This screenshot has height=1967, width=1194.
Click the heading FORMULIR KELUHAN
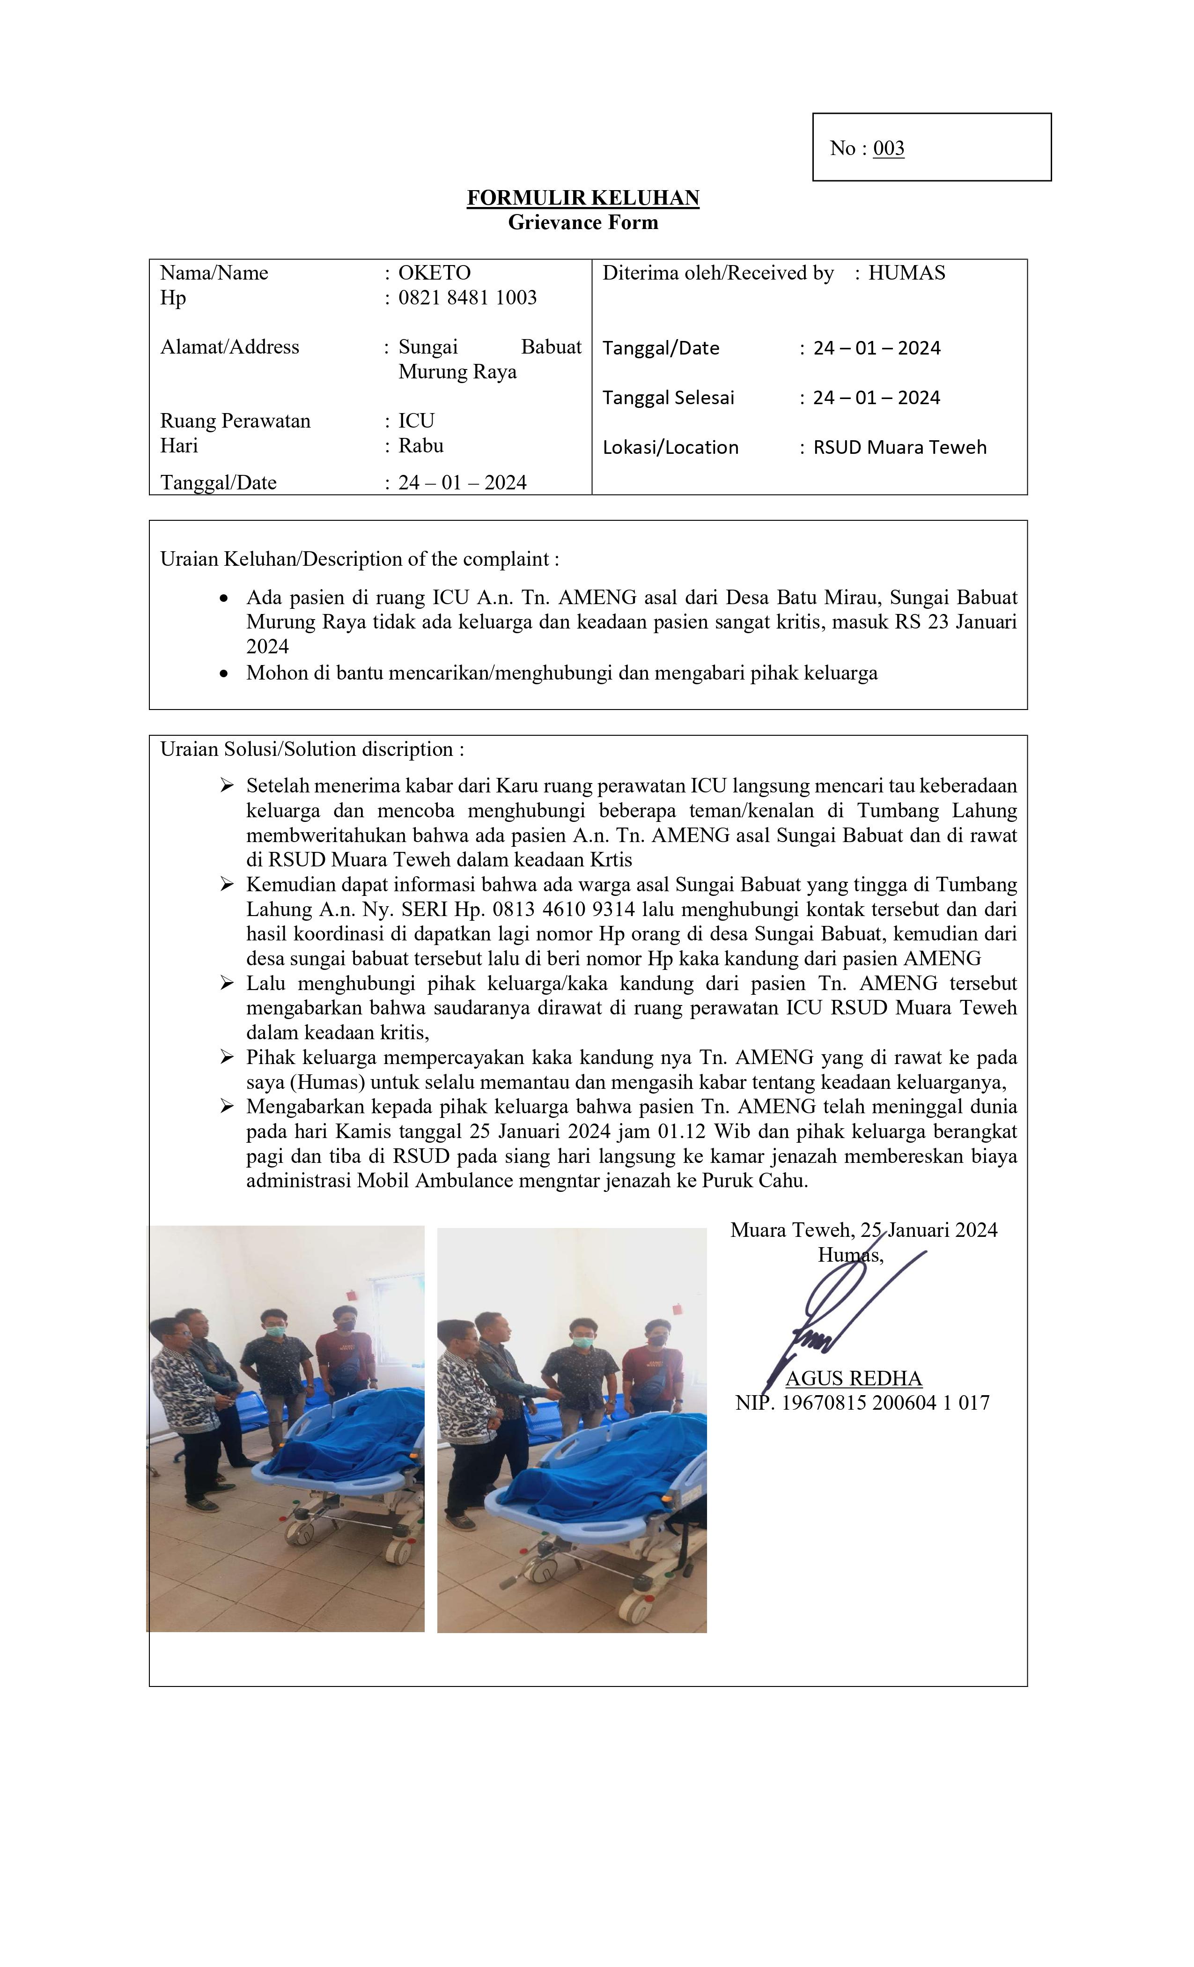click(x=582, y=198)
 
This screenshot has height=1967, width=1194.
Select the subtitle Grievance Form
click(x=582, y=223)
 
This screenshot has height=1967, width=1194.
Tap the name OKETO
click(x=434, y=273)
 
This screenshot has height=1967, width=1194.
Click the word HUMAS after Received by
click(x=906, y=273)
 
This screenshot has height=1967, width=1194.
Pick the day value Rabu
click(x=420, y=445)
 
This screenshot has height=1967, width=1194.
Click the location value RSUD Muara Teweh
click(x=899, y=448)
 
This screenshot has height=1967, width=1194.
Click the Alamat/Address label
click(x=230, y=347)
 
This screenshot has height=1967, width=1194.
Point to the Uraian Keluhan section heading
click(x=359, y=559)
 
